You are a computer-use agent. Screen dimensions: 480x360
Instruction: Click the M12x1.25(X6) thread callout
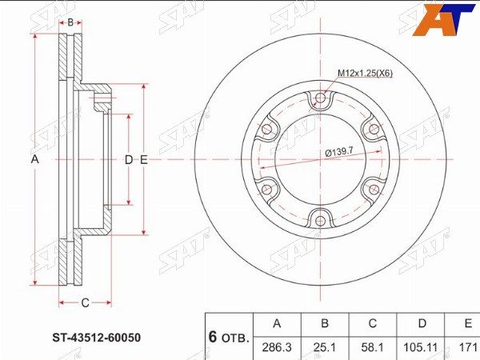(x=366, y=73)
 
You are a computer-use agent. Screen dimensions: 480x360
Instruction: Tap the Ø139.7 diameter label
(x=339, y=151)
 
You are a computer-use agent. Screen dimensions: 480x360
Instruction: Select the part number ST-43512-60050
(x=97, y=338)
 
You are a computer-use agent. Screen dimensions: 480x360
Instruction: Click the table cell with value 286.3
(x=277, y=347)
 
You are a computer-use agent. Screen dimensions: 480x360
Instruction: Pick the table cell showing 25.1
(x=325, y=347)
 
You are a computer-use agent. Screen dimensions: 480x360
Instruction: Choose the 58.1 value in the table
(x=373, y=347)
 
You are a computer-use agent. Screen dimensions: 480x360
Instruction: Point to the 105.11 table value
(x=421, y=347)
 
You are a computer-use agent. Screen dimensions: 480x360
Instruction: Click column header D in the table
(x=422, y=323)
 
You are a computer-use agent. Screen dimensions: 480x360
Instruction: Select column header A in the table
(x=277, y=323)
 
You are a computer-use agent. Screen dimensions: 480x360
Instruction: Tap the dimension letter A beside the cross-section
(x=35, y=159)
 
